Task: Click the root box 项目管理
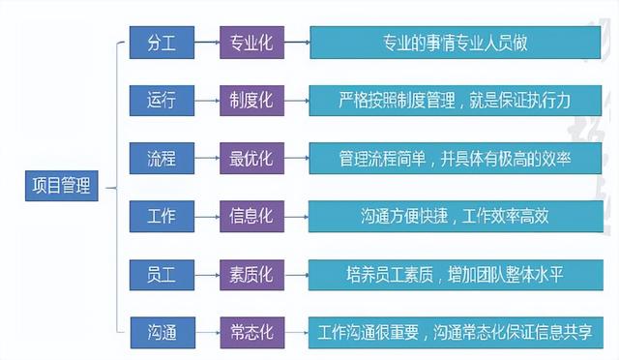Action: coord(62,186)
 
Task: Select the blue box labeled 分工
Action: coord(162,43)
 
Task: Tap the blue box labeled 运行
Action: coord(162,100)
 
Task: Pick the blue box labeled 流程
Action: coord(162,158)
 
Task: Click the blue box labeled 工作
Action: coord(162,215)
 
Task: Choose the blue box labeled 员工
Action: coord(162,273)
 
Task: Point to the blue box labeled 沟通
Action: coord(162,331)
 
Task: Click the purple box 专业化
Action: coord(250,43)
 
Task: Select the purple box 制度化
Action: coord(250,100)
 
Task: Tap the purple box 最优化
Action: coord(250,158)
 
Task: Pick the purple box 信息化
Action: coord(250,215)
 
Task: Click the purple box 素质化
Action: coord(250,273)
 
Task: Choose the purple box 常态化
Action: coord(250,331)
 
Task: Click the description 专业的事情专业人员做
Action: coord(455,43)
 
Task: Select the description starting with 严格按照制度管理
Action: coord(455,100)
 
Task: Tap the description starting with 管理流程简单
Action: coord(455,158)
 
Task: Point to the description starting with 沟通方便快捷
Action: coord(455,215)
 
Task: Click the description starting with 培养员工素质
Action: coord(455,273)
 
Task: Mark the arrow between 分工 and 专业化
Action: coord(205,43)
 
